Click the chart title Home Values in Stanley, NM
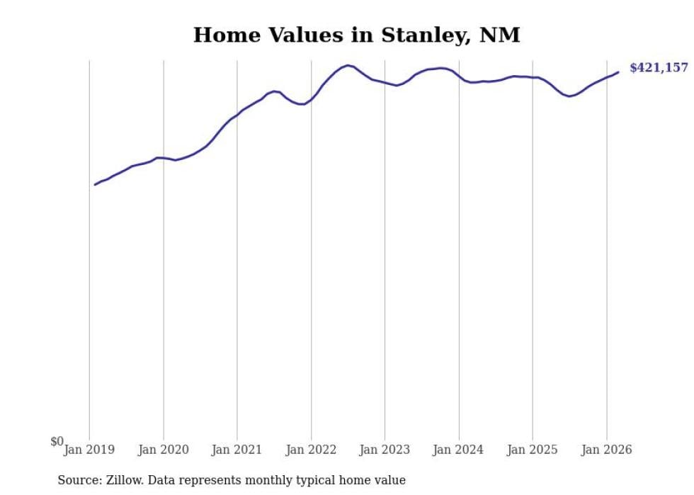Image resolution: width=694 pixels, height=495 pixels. click(x=356, y=35)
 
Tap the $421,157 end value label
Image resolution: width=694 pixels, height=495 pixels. click(x=658, y=68)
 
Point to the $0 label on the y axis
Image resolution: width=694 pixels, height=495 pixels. click(x=57, y=442)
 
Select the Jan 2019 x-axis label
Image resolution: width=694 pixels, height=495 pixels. click(x=89, y=450)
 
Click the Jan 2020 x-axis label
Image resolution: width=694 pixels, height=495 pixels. click(x=164, y=450)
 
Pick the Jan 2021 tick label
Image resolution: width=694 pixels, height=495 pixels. click(x=237, y=450)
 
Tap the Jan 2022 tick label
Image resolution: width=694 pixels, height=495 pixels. click(x=311, y=450)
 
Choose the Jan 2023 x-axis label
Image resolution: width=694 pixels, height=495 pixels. click(x=385, y=450)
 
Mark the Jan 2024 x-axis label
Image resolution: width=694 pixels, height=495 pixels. click(x=459, y=450)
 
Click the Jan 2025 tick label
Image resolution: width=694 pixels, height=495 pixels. click(x=533, y=450)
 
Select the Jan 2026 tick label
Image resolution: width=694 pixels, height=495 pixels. click(x=606, y=450)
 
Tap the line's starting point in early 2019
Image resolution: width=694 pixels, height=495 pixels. click(x=96, y=184)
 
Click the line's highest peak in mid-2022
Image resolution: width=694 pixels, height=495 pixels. click(x=348, y=65)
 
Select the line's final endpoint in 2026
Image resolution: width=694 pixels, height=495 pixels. click(x=618, y=72)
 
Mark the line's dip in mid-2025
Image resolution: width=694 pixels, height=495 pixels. click(x=570, y=96)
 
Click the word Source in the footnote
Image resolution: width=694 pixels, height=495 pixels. click(x=79, y=481)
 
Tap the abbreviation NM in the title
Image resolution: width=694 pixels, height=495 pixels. click(x=500, y=35)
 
